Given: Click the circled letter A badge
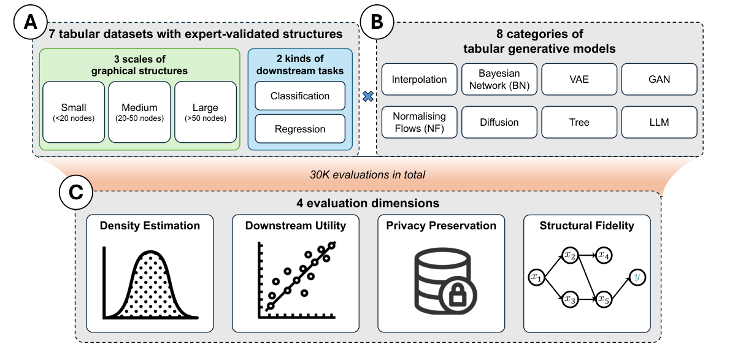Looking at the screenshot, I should click(x=29, y=24).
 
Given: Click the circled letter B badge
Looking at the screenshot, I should click(x=377, y=24).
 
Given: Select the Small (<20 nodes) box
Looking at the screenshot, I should click(x=74, y=112).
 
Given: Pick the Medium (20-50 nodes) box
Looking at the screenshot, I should click(x=139, y=112).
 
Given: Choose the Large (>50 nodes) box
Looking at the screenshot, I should click(x=205, y=112).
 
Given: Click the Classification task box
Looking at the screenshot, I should click(x=300, y=96).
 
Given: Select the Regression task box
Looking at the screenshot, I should click(x=300, y=129).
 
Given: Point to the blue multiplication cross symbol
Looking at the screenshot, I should click(x=367, y=96).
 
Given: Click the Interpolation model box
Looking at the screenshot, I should click(x=420, y=79).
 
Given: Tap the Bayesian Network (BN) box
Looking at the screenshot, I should click(x=499, y=79).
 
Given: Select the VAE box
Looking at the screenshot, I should click(x=579, y=79).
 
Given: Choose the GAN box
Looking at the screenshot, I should click(x=659, y=79).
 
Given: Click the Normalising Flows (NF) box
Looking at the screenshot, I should click(x=420, y=121).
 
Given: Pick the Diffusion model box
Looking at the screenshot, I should click(x=499, y=122).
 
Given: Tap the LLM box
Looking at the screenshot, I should click(x=659, y=122).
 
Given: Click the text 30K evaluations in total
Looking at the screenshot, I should click(x=367, y=175).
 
